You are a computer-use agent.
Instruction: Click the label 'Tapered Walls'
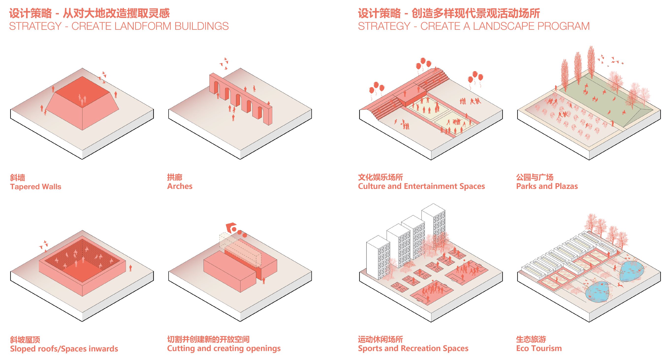coord(36,187)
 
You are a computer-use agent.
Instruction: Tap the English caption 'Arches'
coord(180,186)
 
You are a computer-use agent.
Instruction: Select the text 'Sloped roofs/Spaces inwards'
coord(64,348)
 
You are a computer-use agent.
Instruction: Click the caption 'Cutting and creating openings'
coord(223,348)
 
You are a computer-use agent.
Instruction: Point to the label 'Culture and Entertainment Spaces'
coord(421,186)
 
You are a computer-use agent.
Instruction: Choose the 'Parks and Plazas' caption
coord(547,186)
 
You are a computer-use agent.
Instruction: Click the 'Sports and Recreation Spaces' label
coord(413,348)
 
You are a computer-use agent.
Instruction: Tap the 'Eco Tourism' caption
coord(539,348)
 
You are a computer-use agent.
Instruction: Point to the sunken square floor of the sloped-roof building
coord(83,273)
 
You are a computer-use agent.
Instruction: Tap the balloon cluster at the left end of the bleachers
coord(376,88)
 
